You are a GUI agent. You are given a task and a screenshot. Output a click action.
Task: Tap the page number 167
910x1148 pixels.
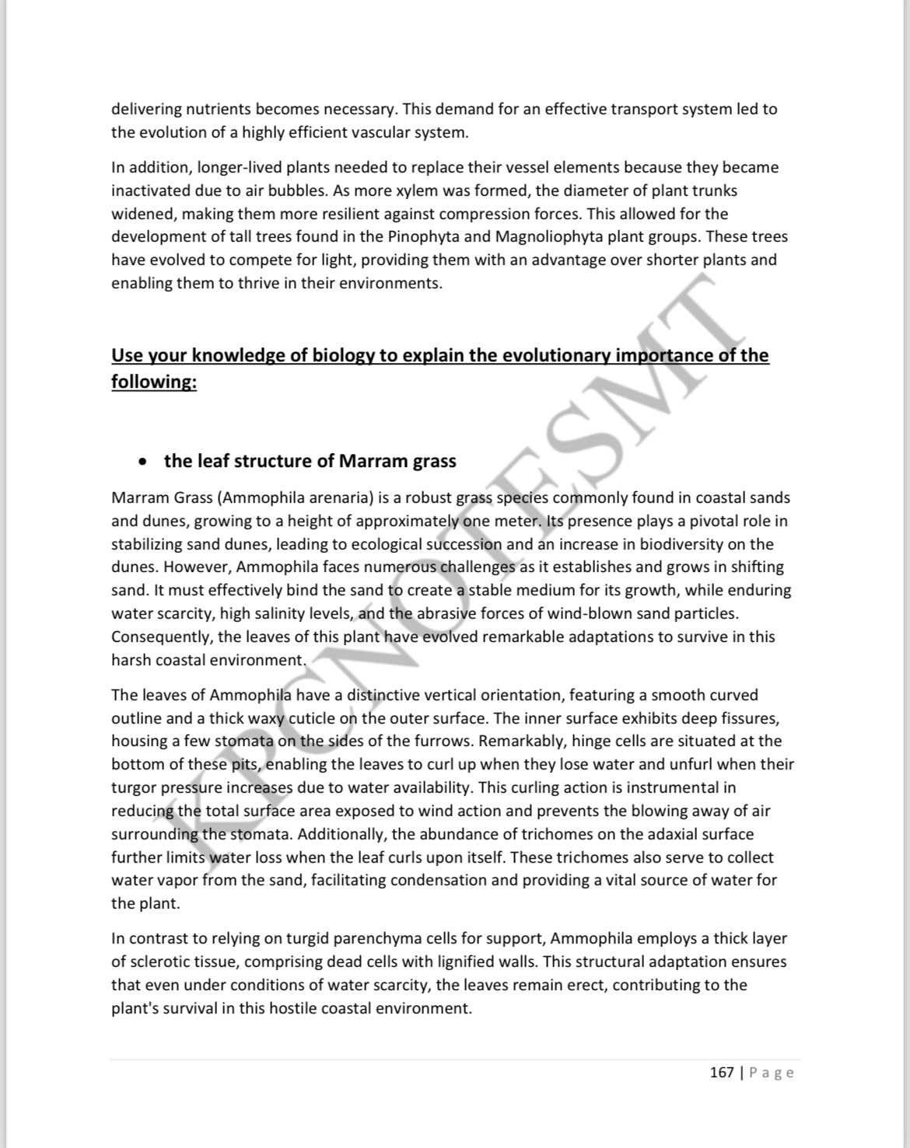722,1073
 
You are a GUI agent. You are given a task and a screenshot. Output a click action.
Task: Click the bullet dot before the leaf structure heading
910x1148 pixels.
141,462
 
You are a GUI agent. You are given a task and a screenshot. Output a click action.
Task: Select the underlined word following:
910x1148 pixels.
154,382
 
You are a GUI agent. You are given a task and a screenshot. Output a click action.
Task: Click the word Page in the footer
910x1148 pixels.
772,1073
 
